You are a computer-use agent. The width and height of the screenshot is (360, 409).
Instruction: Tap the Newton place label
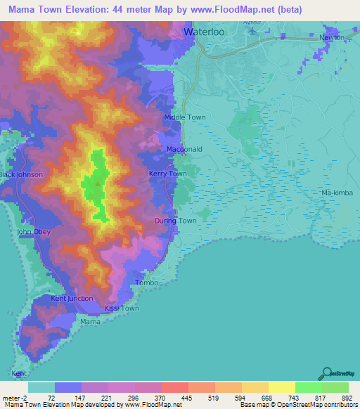tap(333, 38)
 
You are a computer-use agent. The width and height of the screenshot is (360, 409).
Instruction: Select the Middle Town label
tap(184, 118)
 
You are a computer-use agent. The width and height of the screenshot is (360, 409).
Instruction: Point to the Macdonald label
tap(184, 150)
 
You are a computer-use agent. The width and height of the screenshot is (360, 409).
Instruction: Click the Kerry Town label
tap(168, 174)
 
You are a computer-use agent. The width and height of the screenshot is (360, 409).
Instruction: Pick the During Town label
tap(175, 221)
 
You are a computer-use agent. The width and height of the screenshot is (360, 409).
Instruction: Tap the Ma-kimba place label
tap(335, 192)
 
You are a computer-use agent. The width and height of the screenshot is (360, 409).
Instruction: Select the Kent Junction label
tap(72, 299)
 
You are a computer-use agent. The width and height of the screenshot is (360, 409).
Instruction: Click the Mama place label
tap(90, 321)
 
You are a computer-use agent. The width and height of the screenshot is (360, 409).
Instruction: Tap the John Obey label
tap(34, 232)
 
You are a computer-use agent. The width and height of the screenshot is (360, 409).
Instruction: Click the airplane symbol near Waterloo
tap(253, 32)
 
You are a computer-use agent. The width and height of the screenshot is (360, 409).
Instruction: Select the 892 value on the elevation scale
tap(343, 397)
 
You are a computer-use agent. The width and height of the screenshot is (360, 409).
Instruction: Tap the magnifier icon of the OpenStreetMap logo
tap(326, 372)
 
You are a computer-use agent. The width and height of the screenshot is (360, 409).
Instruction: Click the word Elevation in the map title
tap(96, 10)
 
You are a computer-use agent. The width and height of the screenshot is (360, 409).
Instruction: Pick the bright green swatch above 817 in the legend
tap(308, 387)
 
